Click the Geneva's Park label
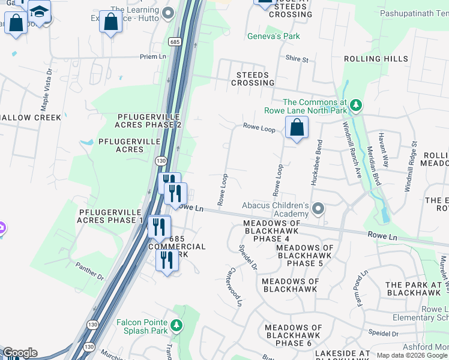pos(273,36)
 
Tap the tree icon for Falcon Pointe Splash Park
pos(176,325)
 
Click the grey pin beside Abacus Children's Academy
pos(318,209)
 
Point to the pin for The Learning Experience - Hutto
pos(168,12)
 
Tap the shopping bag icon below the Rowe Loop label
pos(297,127)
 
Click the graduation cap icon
pos(40,11)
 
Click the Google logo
pos(20,353)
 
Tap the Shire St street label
pos(297,59)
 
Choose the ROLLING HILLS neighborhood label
pos(376,59)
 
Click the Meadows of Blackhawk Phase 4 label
pos(271,231)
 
